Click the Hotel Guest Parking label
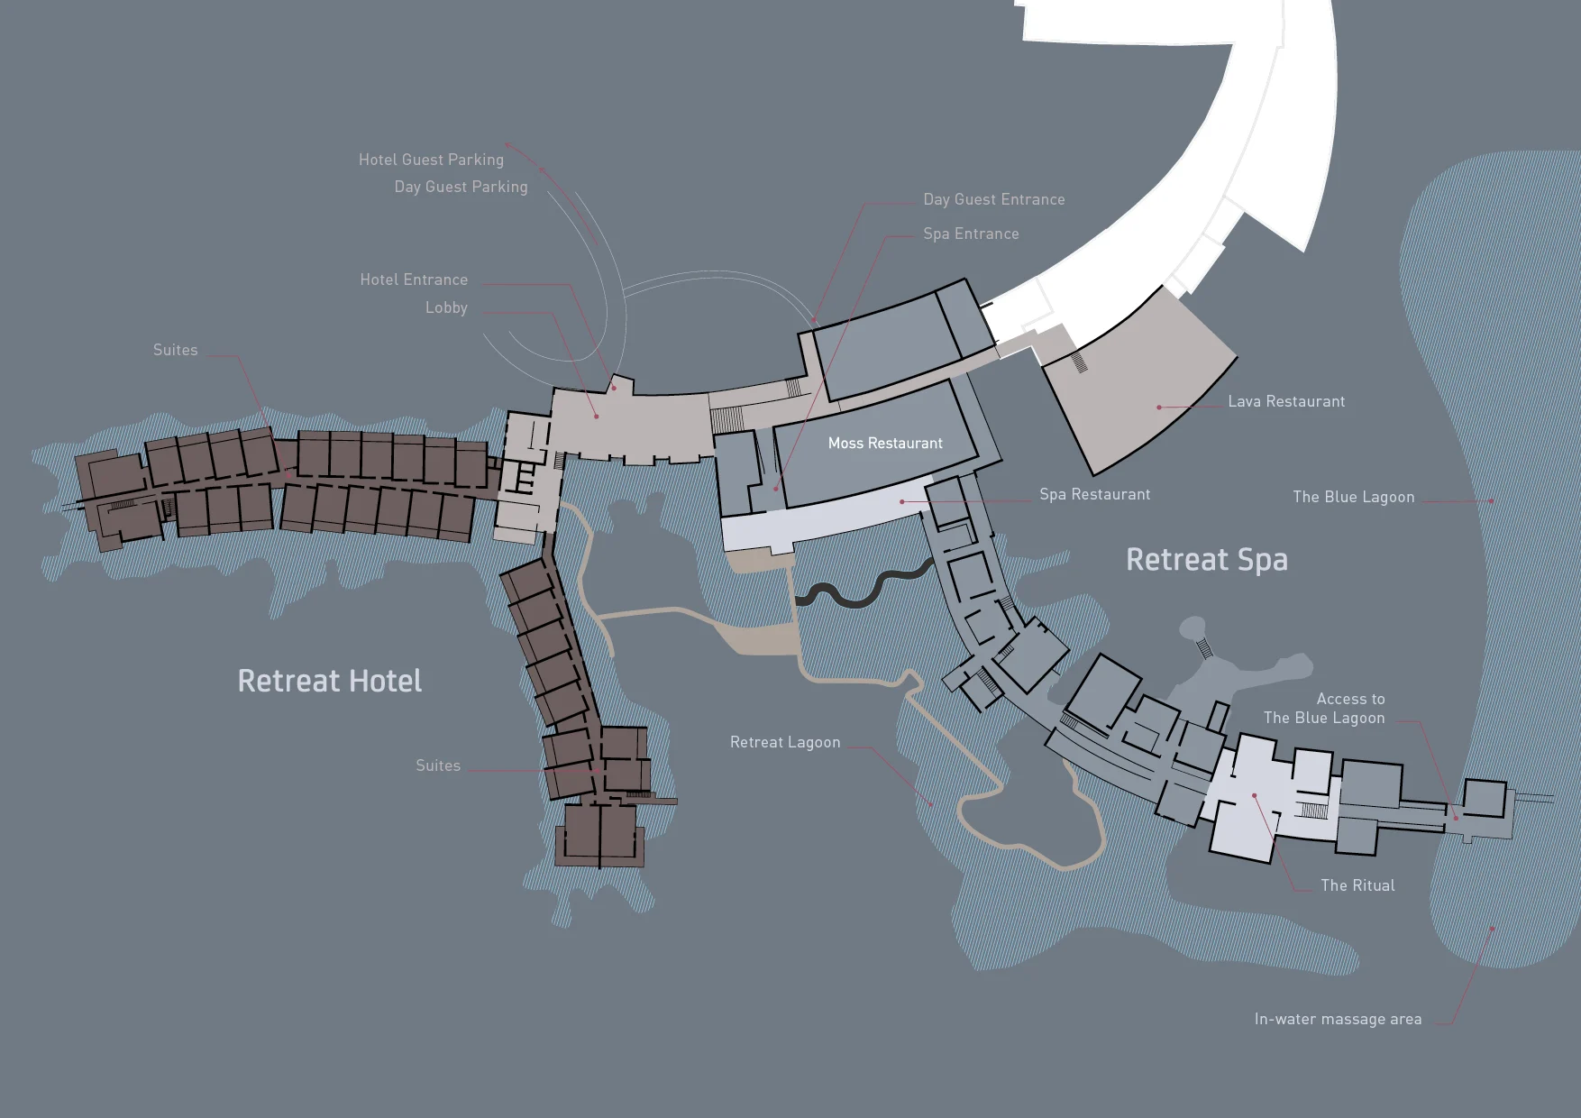[x=431, y=160]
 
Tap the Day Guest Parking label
[x=461, y=187]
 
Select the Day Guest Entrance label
[x=993, y=199]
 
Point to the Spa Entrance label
[x=971, y=234]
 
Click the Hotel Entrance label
[x=414, y=279]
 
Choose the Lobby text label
[x=446, y=307]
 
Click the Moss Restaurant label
[x=885, y=443]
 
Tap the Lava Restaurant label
[x=1285, y=401]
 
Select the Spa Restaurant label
[x=1094, y=494]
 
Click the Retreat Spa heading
[x=1206, y=559]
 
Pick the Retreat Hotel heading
[x=329, y=681]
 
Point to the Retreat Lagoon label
[x=784, y=742]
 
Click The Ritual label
[x=1357, y=885]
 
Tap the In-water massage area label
[x=1338, y=1019]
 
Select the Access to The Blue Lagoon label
[x=1323, y=709]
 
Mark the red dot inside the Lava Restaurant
[x=1159, y=408]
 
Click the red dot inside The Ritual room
[x=1254, y=795]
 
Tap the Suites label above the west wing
[x=175, y=350]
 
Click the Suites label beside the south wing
[x=437, y=765]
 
